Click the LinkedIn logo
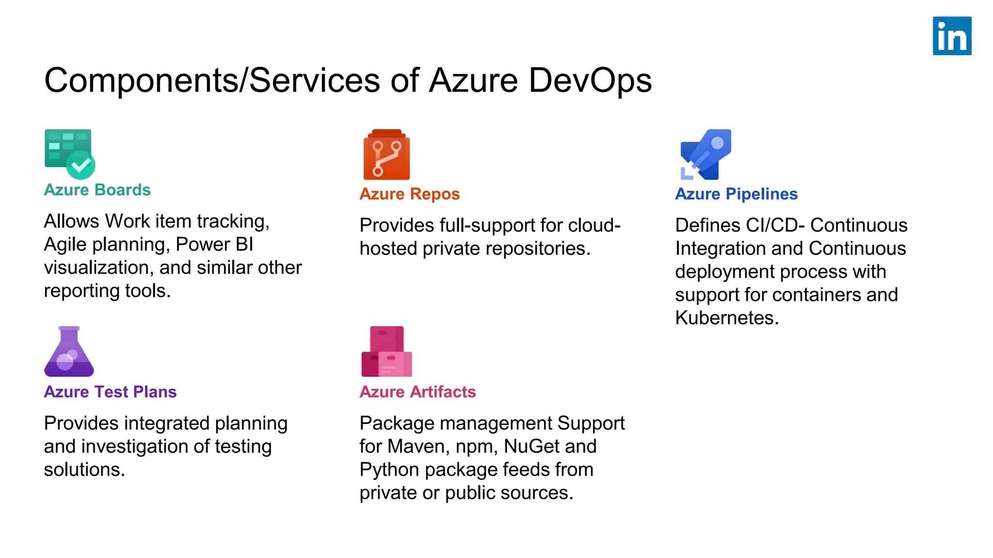[x=952, y=36]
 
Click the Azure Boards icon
[x=69, y=154]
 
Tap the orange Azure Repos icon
[x=386, y=155]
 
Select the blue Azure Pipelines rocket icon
[x=706, y=154]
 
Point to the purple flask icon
[x=69, y=352]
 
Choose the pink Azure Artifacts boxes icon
[x=386, y=352]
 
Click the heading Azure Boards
[x=97, y=190]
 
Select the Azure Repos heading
[x=409, y=194]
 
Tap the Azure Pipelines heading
[x=736, y=194]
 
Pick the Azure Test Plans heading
[x=110, y=392]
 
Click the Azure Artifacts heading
[x=417, y=392]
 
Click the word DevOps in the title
[x=590, y=80]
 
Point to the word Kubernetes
[x=726, y=318]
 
